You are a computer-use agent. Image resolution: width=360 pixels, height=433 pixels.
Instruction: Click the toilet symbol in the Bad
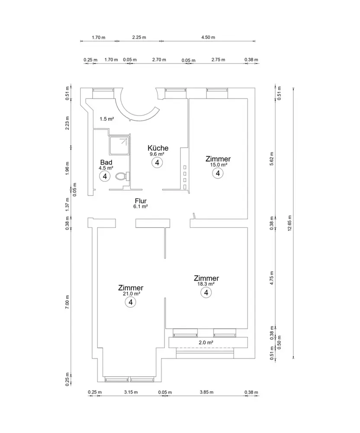(122, 177)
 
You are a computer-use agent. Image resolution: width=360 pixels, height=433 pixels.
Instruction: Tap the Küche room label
(158, 148)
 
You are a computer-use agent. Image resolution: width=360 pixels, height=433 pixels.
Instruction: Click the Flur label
(141, 201)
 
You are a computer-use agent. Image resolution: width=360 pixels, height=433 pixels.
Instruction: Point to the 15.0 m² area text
(218, 165)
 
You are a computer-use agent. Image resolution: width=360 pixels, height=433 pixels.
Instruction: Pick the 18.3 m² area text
(206, 284)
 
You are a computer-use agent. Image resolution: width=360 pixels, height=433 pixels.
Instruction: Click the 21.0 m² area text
(131, 294)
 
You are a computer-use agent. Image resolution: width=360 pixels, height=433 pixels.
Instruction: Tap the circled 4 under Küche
(157, 162)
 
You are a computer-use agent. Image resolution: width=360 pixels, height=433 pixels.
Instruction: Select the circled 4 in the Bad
(104, 176)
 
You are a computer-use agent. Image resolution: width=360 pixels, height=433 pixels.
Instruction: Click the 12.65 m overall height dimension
(290, 223)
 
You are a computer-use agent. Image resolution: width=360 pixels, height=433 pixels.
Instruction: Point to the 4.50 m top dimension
(208, 38)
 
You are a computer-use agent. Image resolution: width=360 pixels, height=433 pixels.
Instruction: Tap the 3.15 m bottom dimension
(130, 392)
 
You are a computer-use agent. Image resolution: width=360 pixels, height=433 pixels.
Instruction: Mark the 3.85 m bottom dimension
(206, 392)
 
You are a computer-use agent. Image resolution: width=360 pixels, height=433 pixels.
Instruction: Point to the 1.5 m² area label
(106, 119)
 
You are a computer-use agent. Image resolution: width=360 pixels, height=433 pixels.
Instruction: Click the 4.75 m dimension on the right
(272, 277)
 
